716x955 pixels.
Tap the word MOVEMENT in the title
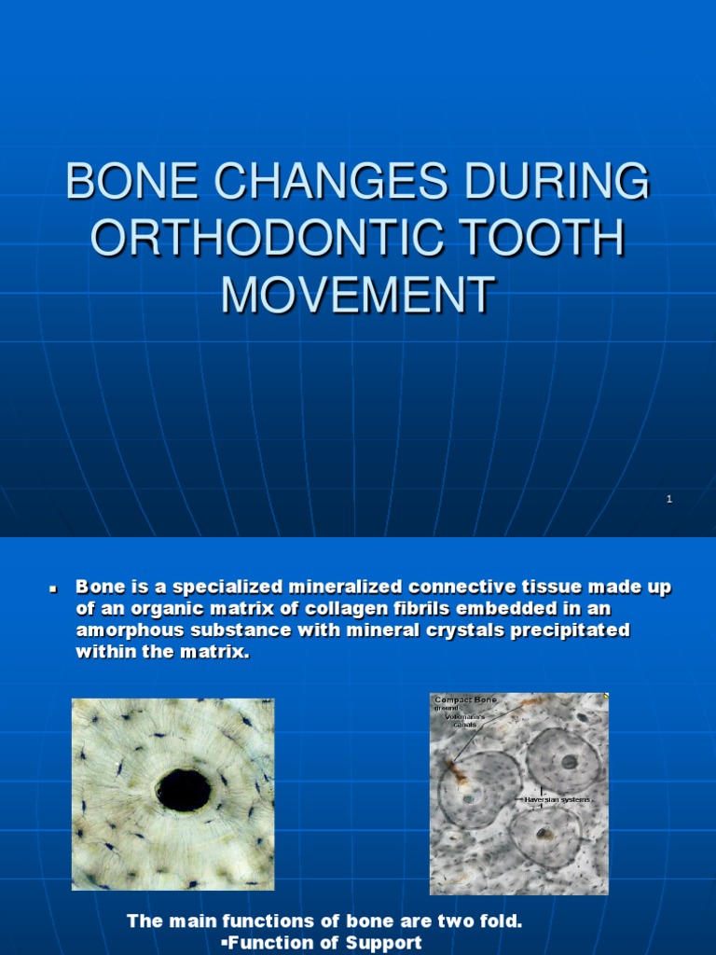pos(357,295)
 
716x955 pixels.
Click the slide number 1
pos(669,499)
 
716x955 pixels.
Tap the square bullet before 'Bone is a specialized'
pos(53,589)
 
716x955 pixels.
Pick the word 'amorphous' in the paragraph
pos(124,631)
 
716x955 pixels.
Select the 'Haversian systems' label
pos(558,799)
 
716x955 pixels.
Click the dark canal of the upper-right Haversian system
pos(568,761)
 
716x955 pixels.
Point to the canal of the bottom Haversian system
pos(544,834)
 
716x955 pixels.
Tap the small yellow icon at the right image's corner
pos(605,696)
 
